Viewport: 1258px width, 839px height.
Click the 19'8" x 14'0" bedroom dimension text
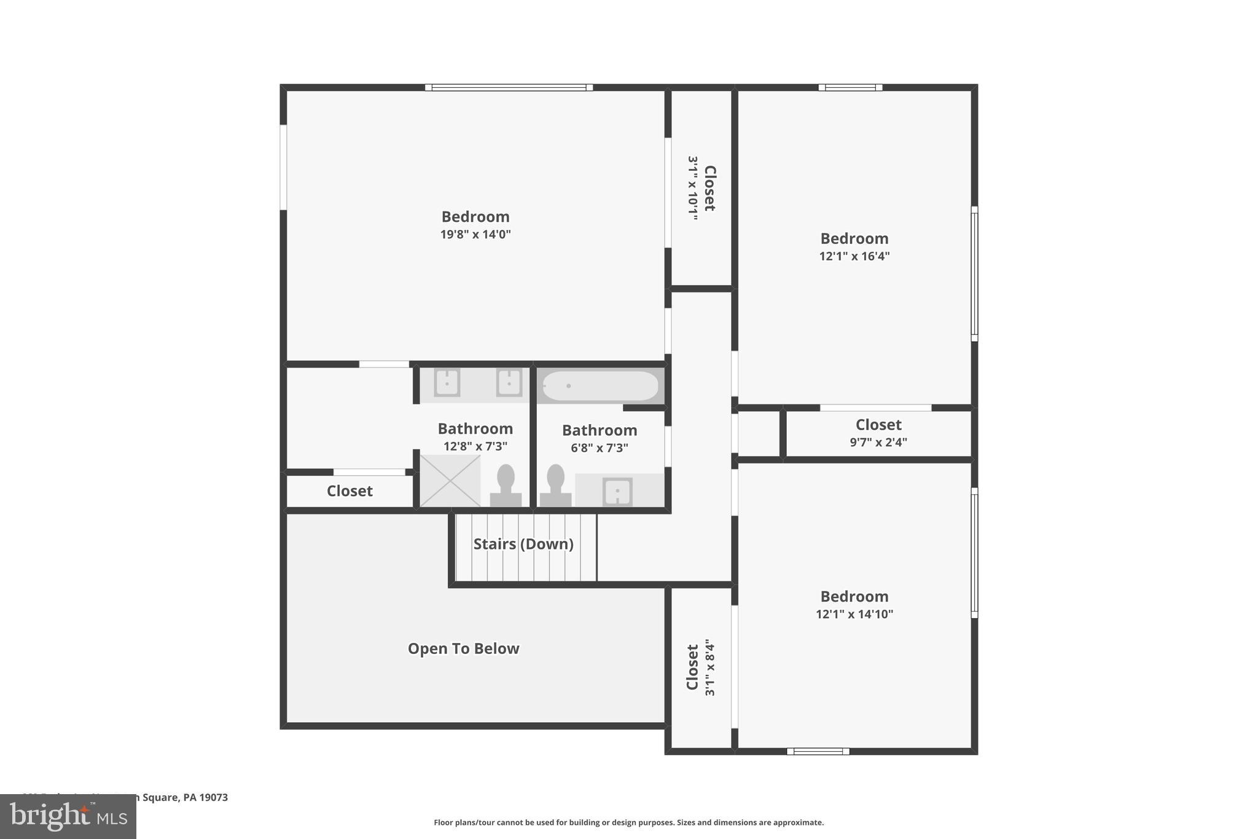tap(475, 234)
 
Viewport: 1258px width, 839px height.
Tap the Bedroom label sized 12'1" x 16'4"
tap(854, 238)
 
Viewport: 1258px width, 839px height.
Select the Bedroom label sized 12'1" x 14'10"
tap(854, 596)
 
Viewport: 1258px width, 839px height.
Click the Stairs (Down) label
tap(523, 544)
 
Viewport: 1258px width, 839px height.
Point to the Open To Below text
tap(463, 648)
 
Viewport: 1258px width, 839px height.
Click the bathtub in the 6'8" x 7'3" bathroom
tap(600, 386)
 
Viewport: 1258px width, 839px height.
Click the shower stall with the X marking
tap(450, 481)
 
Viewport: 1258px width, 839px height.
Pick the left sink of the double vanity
tap(447, 383)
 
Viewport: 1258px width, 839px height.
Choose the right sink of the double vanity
tap(509, 383)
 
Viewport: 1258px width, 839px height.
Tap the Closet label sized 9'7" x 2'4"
tap(878, 425)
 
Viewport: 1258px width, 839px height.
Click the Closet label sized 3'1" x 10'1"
tap(709, 188)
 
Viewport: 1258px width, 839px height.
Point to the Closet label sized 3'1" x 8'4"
tap(692, 668)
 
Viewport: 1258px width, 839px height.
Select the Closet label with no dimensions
tap(350, 491)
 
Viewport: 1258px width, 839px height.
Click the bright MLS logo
tap(68, 816)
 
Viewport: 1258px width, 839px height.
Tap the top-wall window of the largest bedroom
tap(509, 87)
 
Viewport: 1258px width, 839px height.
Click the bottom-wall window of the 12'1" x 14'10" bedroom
tap(818, 751)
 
